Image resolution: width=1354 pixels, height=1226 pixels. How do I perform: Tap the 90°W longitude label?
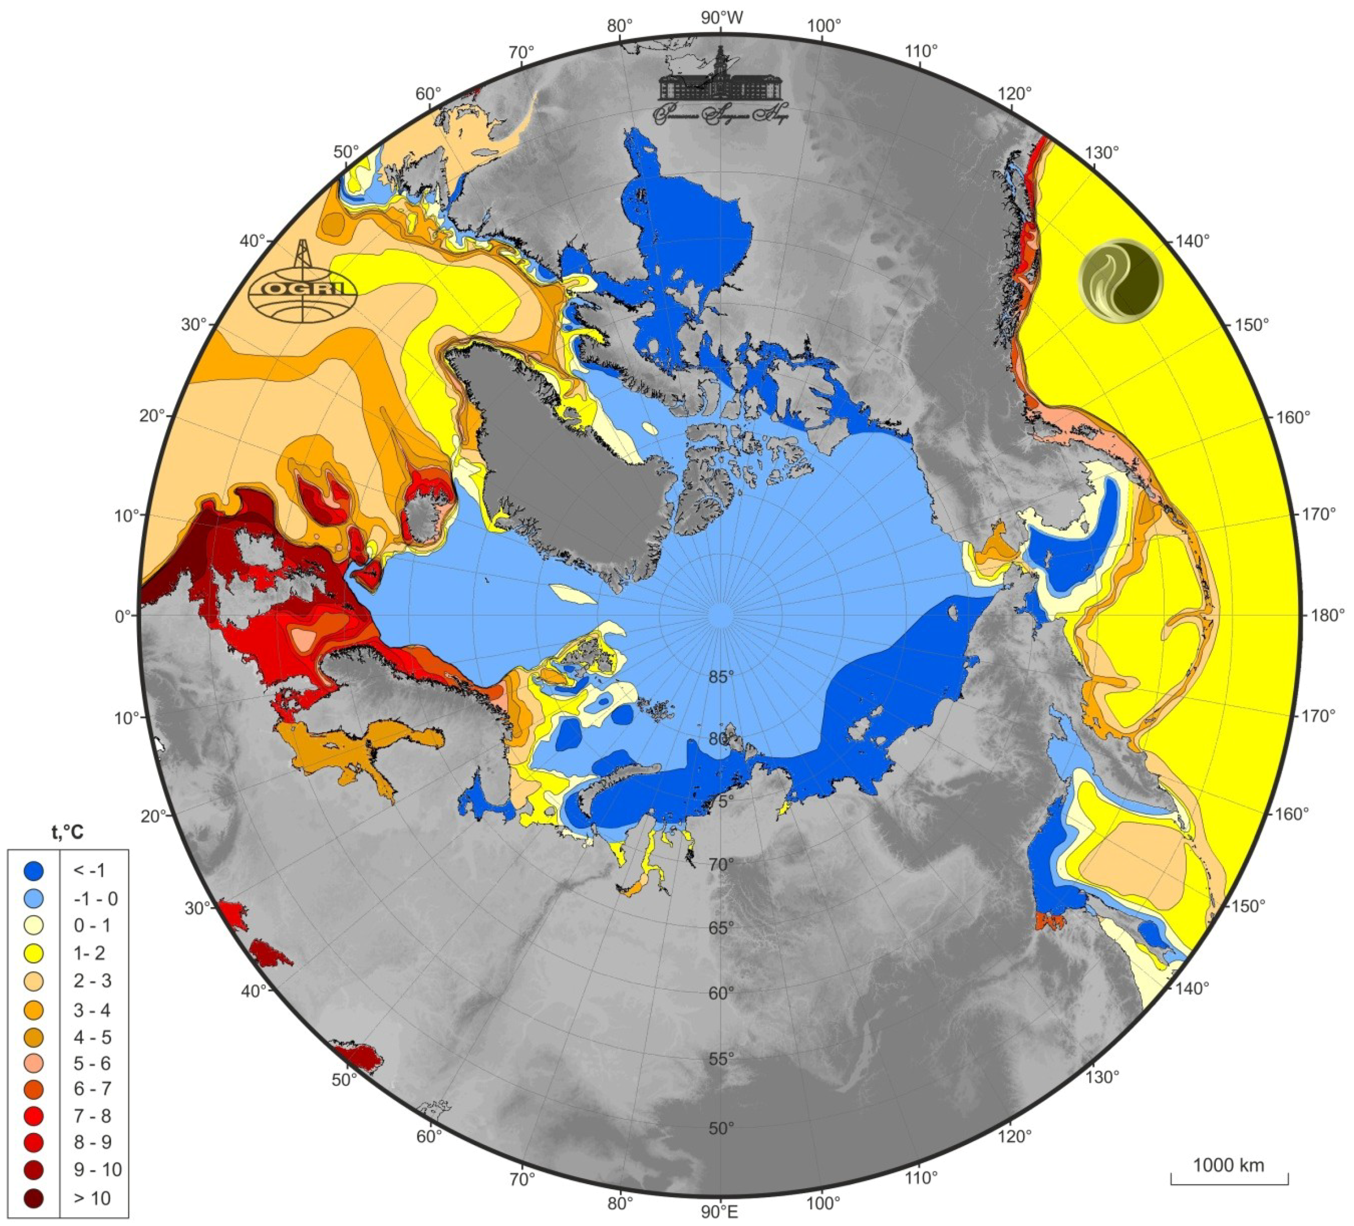click(x=722, y=18)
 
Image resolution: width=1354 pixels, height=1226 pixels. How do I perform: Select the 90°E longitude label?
click(x=720, y=1211)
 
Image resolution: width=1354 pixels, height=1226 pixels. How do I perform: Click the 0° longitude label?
click(x=123, y=615)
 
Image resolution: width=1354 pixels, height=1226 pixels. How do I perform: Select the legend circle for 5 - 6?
click(x=34, y=1062)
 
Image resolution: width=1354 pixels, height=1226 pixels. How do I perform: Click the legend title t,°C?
click(x=68, y=833)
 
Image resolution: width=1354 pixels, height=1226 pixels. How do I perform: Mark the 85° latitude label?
click(x=720, y=677)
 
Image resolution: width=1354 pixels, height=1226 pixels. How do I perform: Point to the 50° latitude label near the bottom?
click(x=720, y=1128)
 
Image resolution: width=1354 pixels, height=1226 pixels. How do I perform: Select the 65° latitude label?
click(x=720, y=928)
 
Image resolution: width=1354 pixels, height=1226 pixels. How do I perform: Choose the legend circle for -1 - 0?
click(x=34, y=898)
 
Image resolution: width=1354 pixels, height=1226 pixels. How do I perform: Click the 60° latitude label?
click(x=720, y=992)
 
